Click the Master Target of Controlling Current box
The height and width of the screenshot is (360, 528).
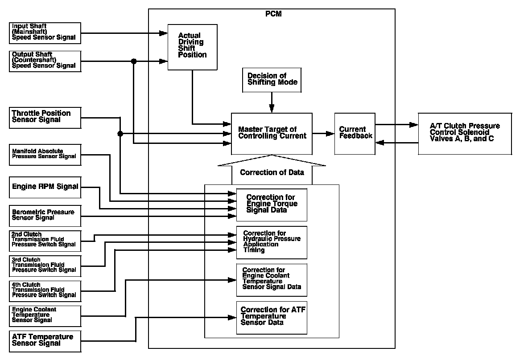click(272, 133)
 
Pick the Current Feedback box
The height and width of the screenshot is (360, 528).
click(355, 133)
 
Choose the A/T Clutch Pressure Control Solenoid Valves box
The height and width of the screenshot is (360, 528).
click(465, 133)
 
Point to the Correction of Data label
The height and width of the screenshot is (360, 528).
click(272, 172)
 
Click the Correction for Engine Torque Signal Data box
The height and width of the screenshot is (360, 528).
click(272, 205)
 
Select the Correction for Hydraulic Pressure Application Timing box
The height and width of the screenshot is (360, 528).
click(272, 242)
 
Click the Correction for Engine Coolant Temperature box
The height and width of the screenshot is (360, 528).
click(272, 280)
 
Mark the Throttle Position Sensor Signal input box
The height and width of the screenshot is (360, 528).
click(45, 117)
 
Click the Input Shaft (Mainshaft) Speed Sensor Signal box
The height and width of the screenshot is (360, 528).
click(45, 33)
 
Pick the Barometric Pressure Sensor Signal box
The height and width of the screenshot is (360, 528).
click(45, 216)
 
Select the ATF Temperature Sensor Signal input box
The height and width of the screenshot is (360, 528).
click(45, 340)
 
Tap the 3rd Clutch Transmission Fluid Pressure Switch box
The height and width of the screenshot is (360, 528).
click(45, 266)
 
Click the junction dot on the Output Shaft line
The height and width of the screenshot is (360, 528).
click(133, 61)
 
